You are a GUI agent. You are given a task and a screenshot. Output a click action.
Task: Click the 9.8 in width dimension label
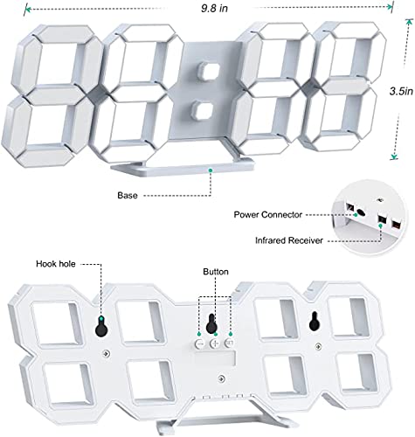[214, 9]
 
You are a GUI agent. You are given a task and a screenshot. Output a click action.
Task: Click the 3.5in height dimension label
[401, 91]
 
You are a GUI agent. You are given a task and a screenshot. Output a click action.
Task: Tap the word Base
[128, 195]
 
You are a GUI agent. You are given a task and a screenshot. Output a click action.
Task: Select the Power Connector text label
[268, 215]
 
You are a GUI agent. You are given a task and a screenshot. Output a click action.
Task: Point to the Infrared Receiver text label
[289, 240]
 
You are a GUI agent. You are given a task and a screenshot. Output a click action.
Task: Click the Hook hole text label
[56, 264]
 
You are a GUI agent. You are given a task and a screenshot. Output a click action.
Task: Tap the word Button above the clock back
[216, 272]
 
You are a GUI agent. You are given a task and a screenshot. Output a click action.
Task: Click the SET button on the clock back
[229, 343]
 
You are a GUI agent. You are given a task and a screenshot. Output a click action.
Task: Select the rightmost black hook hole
[314, 322]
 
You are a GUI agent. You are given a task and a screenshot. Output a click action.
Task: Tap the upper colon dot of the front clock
[209, 71]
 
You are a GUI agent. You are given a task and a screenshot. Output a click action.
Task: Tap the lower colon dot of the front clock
[202, 110]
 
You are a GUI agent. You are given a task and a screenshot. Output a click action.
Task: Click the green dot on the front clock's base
[211, 170]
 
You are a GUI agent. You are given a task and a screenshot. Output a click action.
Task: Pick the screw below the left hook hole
[106, 353]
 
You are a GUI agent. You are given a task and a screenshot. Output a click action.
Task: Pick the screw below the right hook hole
[319, 346]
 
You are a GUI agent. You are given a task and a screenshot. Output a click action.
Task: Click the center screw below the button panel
[222, 378]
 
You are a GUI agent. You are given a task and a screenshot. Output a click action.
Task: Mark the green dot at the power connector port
[356, 215]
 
